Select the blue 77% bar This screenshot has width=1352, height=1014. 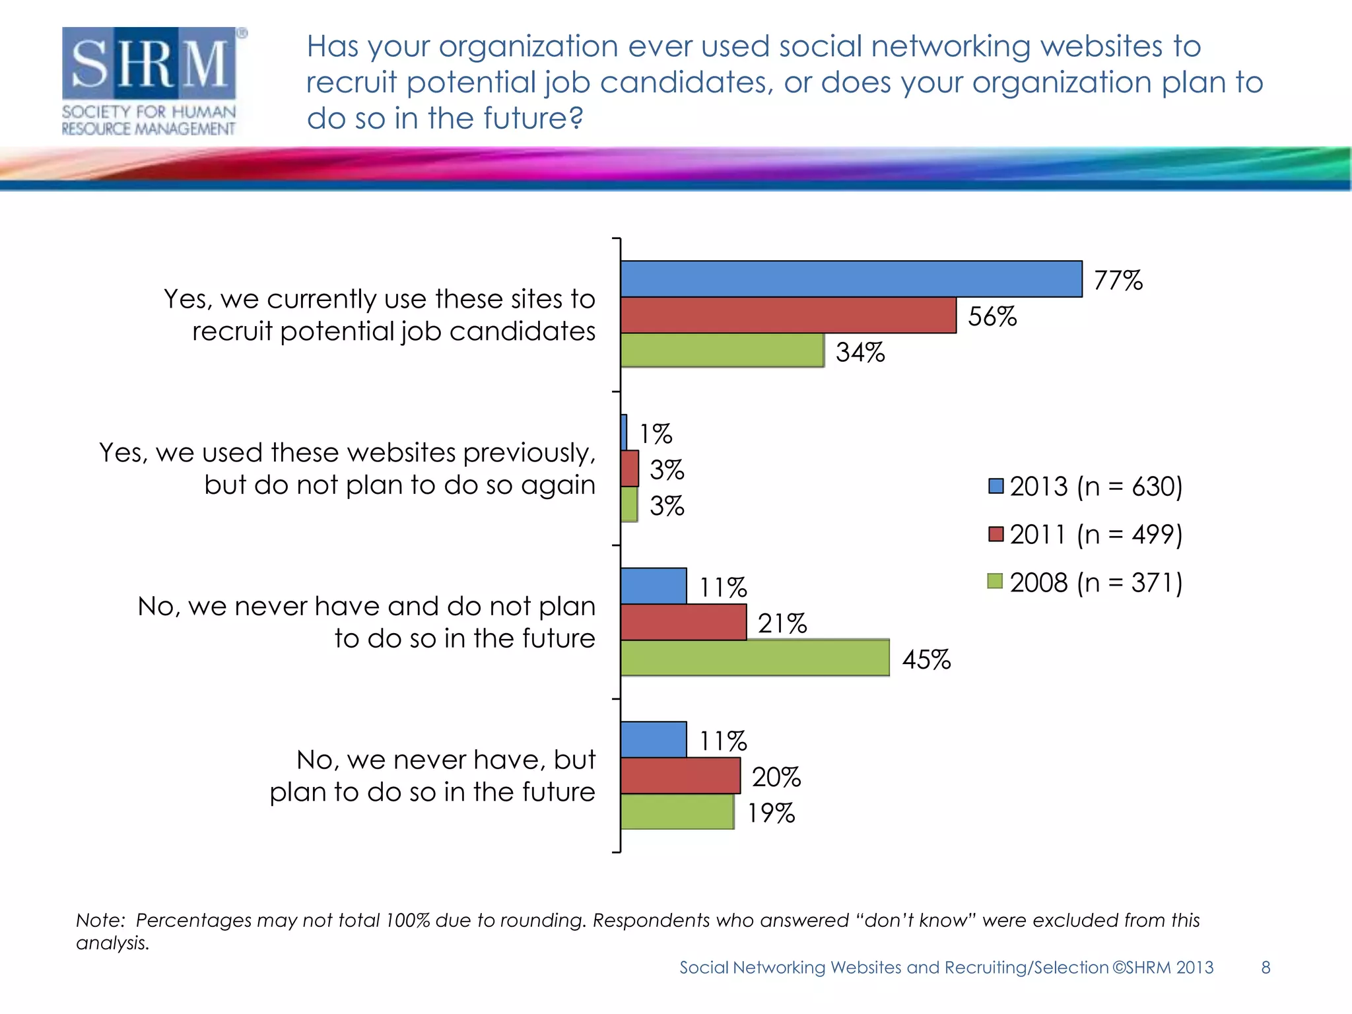(850, 279)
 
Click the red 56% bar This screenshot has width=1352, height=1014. (788, 316)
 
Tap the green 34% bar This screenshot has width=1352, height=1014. (722, 351)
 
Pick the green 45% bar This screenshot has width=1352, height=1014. (755, 658)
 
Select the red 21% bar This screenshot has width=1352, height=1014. (683, 623)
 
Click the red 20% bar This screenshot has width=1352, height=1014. (680, 776)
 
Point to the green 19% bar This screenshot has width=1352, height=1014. (677, 812)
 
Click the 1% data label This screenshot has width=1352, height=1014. (656, 434)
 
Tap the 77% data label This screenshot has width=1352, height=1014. (1118, 281)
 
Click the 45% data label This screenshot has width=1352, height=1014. (926, 659)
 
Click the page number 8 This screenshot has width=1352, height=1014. (1266, 967)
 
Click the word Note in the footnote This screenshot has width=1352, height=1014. (100, 920)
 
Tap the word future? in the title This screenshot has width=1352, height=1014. (533, 119)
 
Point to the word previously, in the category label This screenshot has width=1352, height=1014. (529, 454)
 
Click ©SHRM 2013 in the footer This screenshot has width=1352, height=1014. (1163, 967)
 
